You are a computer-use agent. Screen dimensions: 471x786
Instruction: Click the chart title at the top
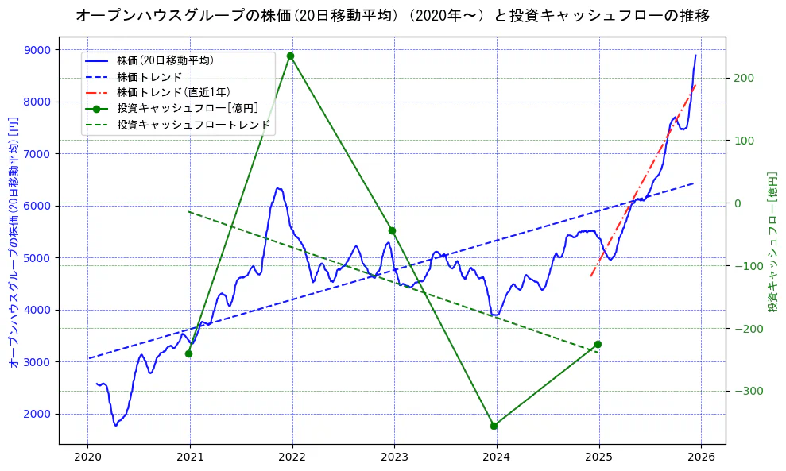pyautogui.click(x=393, y=15)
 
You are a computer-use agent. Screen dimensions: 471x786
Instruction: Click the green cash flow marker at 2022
pyautogui.click(x=291, y=56)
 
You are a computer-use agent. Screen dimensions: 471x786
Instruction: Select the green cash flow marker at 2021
pyautogui.click(x=188, y=353)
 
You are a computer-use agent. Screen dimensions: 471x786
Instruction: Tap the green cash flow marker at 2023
pyautogui.click(x=392, y=230)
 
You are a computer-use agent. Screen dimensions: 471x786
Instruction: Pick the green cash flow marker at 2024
pyautogui.click(x=494, y=426)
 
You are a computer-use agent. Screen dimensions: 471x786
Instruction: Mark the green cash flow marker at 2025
pyautogui.click(x=598, y=344)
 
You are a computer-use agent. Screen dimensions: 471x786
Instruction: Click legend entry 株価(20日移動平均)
pyautogui.click(x=165, y=60)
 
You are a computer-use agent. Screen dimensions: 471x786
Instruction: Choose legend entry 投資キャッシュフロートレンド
pyautogui.click(x=193, y=125)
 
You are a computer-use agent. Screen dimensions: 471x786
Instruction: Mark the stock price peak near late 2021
pyautogui.click(x=278, y=188)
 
